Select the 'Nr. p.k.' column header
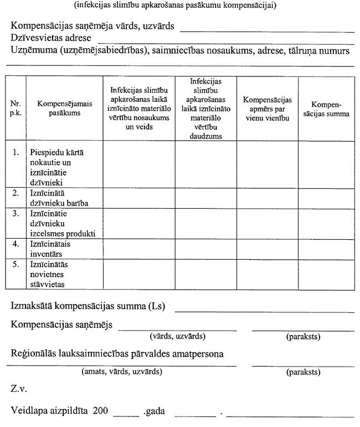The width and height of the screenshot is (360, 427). coord(16,109)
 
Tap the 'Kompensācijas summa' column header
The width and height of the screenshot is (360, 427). coord(322,109)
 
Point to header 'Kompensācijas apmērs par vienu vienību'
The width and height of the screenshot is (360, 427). coord(268,109)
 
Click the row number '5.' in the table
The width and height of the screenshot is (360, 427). coord(16,265)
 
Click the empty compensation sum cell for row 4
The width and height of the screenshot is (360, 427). coord(322,249)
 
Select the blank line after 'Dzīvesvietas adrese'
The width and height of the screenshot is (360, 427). coord(225,42)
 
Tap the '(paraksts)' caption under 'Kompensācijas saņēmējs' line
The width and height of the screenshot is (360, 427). coord(303,336)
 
